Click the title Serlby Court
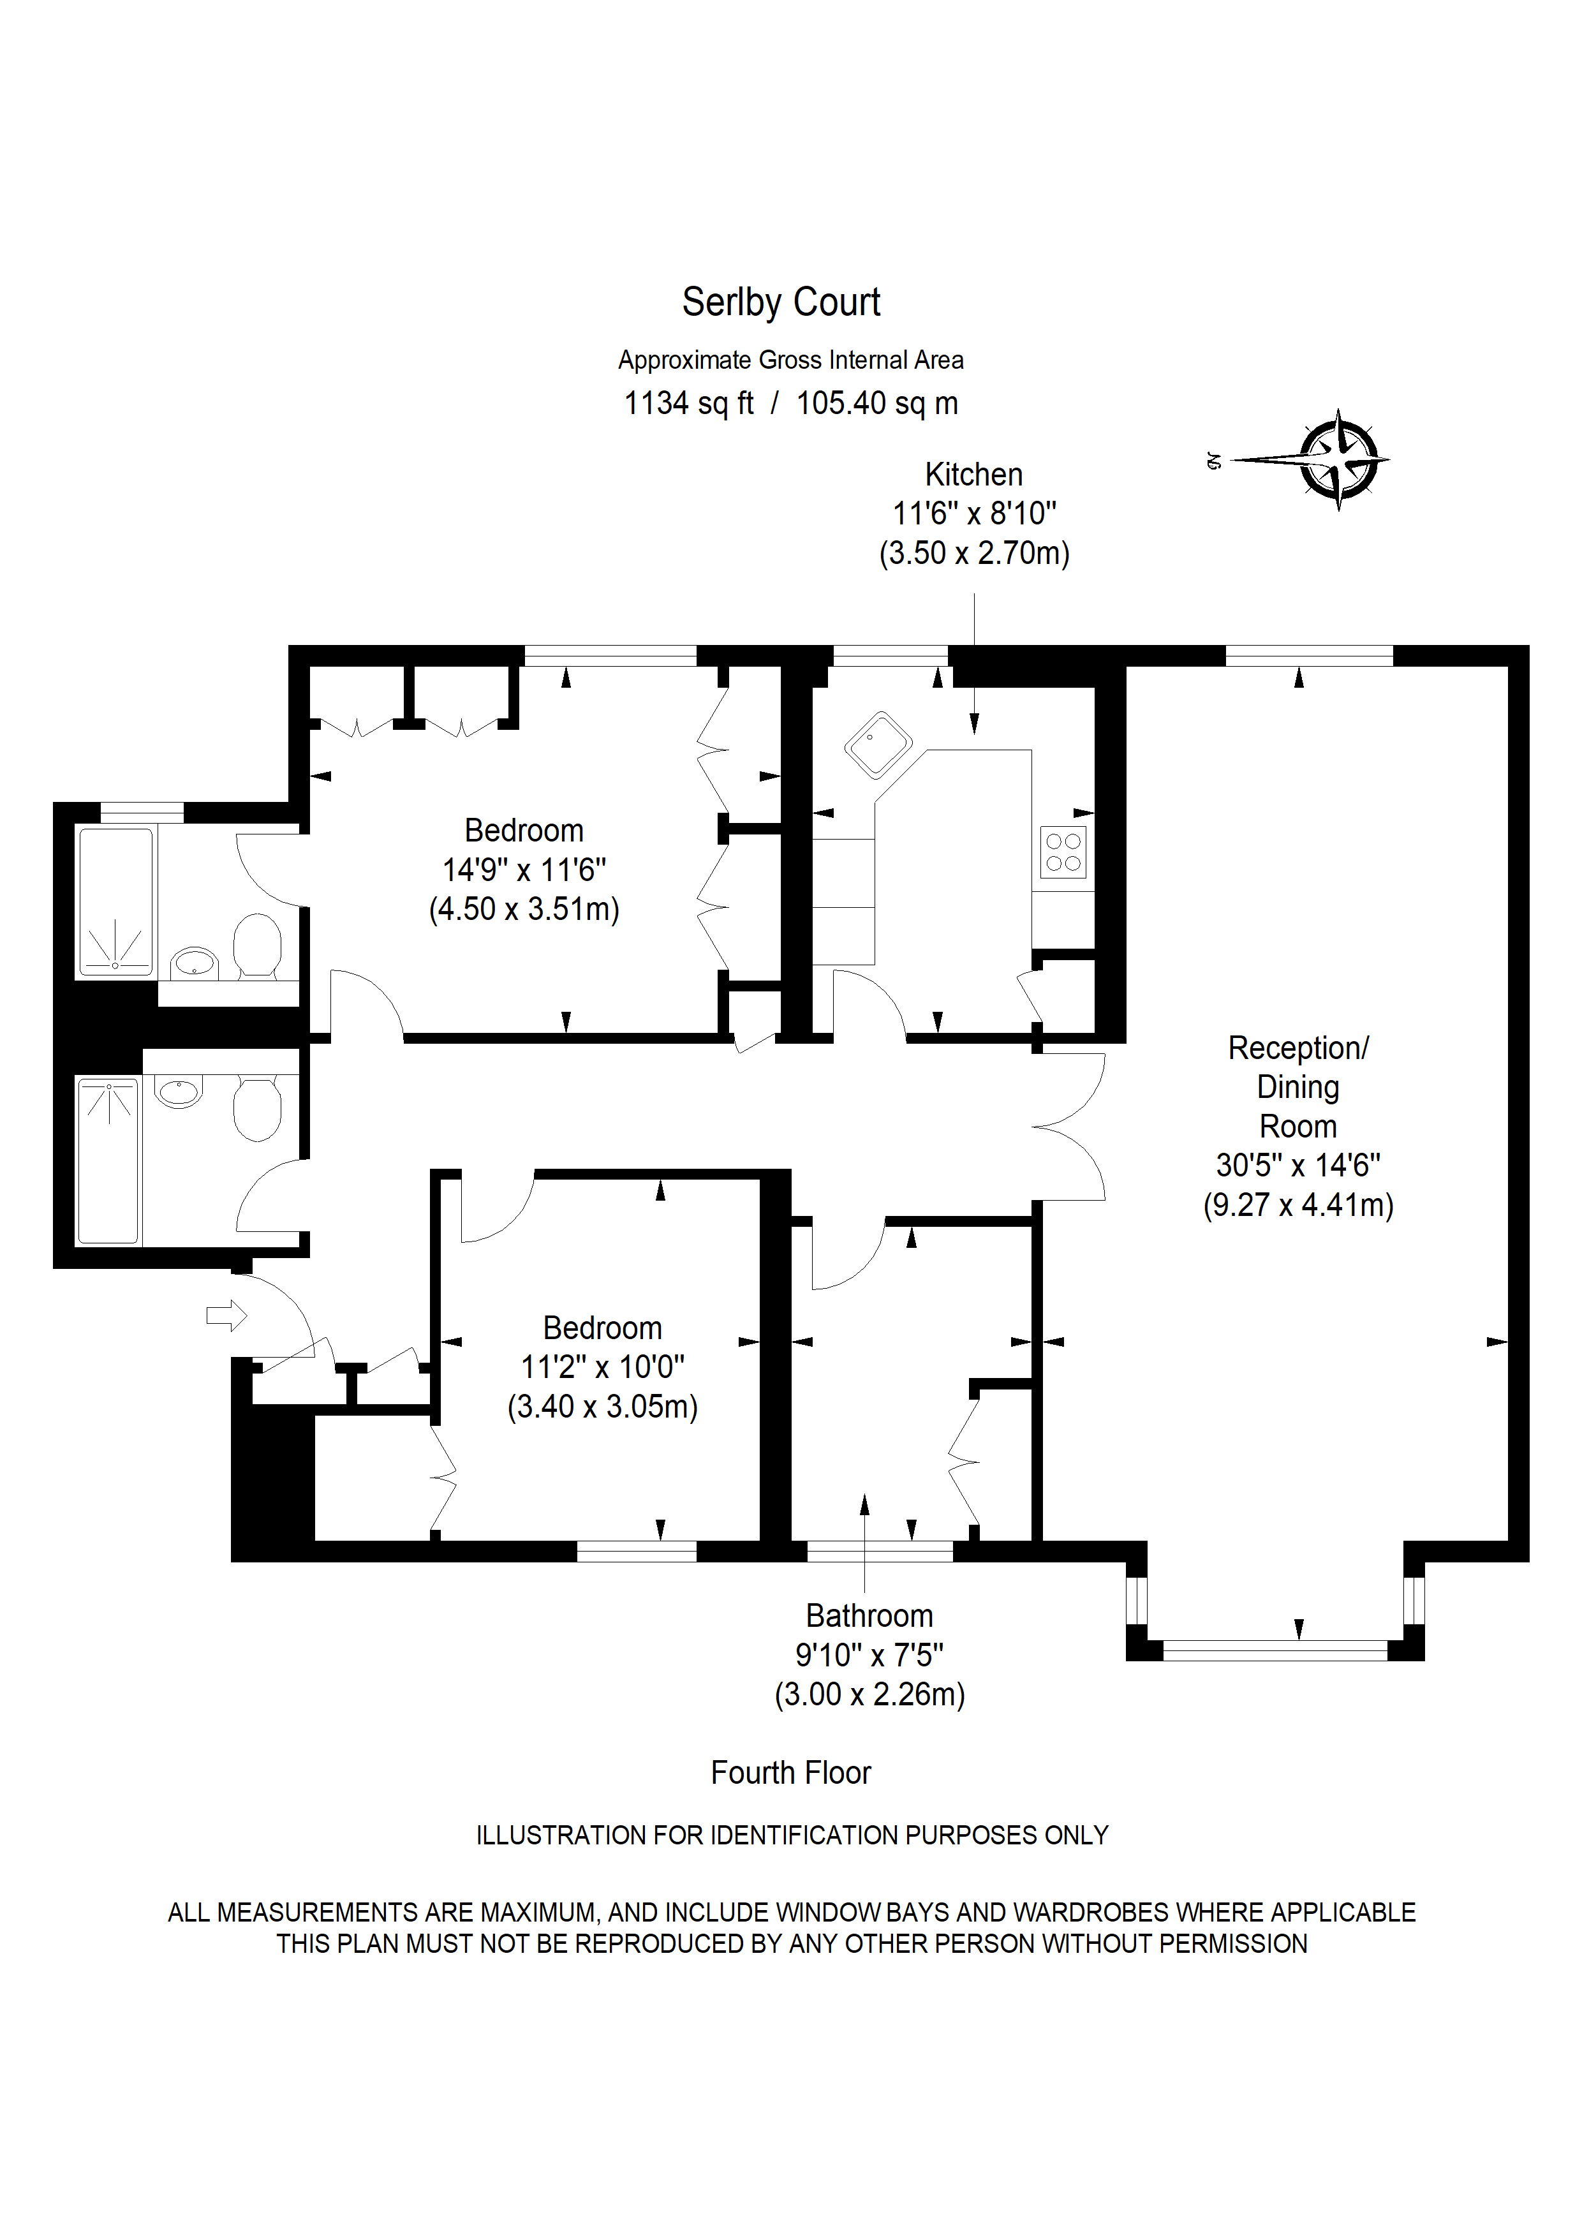(781, 303)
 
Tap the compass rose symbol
(1338, 459)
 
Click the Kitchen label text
(974, 475)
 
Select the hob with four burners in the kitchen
(1063, 852)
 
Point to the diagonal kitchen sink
(878, 745)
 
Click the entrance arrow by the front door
(226, 1316)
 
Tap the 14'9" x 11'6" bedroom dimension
(524, 870)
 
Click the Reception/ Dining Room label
(1298, 1087)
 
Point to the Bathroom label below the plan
(869, 1616)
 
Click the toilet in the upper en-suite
(257, 945)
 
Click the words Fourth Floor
(790, 1772)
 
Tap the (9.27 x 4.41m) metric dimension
(1298, 1204)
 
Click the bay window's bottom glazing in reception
(1275, 1650)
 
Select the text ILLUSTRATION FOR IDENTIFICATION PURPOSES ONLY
(792, 1835)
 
